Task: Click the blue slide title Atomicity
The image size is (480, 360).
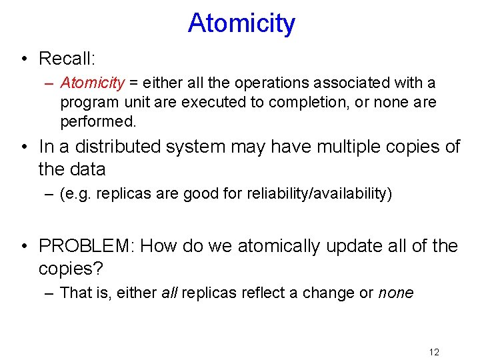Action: pos(241,23)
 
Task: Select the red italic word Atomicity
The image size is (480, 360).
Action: pos(92,83)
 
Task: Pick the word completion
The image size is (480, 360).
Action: pos(324,103)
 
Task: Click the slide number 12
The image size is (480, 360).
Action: pos(434,352)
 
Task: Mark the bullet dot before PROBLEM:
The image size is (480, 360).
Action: pos(25,246)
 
